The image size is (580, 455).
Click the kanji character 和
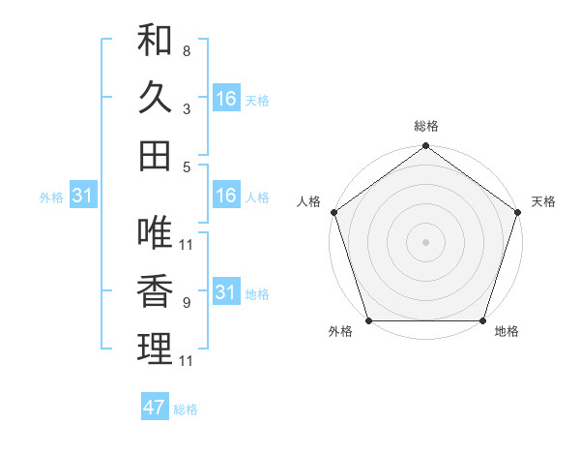(x=155, y=42)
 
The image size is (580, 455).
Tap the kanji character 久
(x=155, y=98)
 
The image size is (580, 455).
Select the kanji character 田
(x=155, y=155)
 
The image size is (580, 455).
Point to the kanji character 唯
(x=155, y=233)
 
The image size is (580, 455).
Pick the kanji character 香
(x=155, y=290)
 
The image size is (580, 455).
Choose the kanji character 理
(x=155, y=349)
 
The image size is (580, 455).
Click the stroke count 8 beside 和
(x=186, y=50)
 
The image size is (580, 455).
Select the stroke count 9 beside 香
(x=186, y=302)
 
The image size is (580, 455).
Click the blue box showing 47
(x=155, y=408)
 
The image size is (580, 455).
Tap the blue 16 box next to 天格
(x=226, y=99)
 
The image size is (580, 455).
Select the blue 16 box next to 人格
(x=226, y=196)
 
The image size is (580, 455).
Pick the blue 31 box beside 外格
(x=82, y=196)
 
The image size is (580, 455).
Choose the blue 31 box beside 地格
(x=226, y=292)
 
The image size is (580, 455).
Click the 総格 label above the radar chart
(x=425, y=126)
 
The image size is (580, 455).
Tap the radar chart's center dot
(x=425, y=241)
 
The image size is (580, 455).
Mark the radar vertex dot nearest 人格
(x=334, y=212)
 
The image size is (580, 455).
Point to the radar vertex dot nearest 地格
(x=482, y=320)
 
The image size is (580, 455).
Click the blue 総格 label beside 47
(x=186, y=409)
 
